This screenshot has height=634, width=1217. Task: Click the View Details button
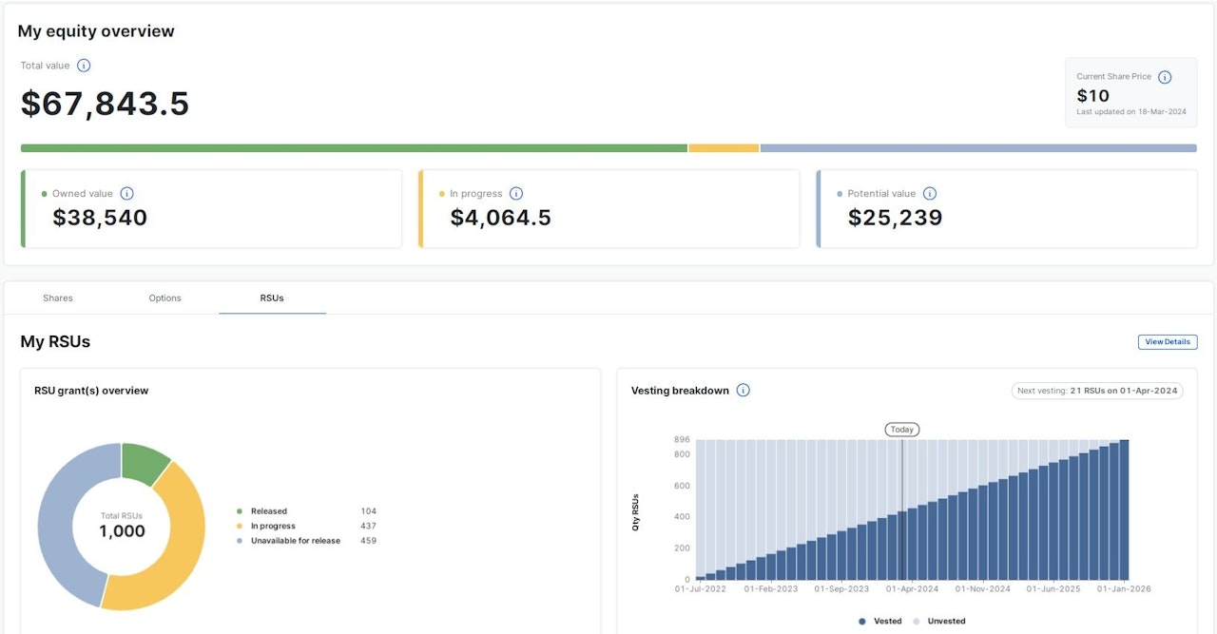[x=1167, y=342]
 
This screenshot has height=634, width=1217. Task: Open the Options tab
[x=164, y=298]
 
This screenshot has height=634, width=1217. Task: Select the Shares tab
[x=58, y=298]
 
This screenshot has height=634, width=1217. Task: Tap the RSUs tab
[x=272, y=298]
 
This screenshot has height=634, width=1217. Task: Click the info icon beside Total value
[x=84, y=66]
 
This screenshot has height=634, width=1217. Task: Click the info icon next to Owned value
[x=127, y=194]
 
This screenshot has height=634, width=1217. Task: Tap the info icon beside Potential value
[x=930, y=194]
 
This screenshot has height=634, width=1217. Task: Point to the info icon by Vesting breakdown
[x=744, y=391]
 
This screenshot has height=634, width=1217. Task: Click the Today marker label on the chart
[x=901, y=430]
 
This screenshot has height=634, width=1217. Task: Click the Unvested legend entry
[x=940, y=622]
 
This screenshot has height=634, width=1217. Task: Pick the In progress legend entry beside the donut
[x=272, y=527]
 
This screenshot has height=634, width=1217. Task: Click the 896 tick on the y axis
[x=681, y=440]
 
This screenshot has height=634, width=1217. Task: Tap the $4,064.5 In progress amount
[x=500, y=218]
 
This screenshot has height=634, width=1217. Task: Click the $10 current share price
[x=1092, y=96]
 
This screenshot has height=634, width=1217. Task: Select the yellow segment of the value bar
[x=723, y=148]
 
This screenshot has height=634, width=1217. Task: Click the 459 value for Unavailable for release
[x=368, y=541]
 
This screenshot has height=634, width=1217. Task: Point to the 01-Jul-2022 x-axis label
[x=700, y=589]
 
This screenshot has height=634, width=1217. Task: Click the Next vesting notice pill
[x=1097, y=391]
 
